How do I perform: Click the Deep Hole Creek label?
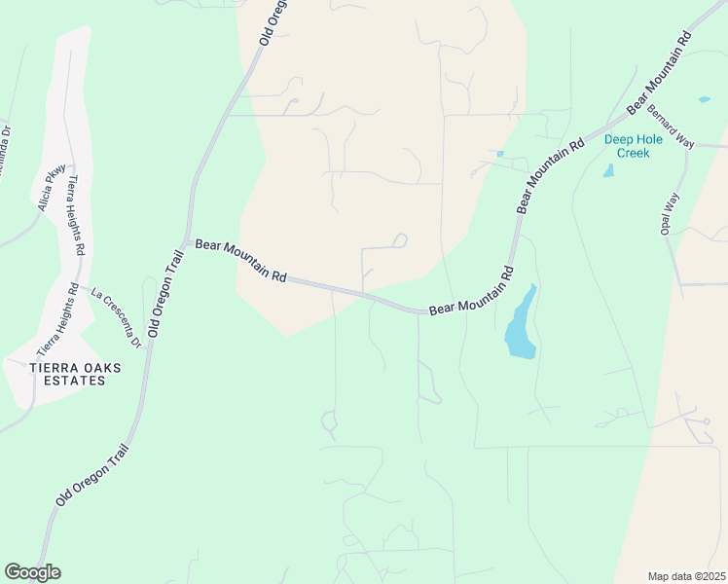633,146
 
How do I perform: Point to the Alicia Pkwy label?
53,188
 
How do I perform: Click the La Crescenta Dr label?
117,316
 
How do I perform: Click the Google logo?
32,572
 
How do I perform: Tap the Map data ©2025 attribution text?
686,576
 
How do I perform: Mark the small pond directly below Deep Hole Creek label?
609,170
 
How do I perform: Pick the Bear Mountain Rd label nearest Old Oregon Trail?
240,261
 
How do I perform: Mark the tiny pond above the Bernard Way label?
703,99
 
